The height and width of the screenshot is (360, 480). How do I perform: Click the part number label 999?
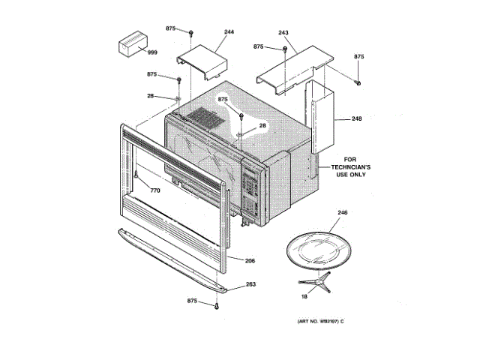click(x=152, y=52)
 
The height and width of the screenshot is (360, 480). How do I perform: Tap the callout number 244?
click(x=229, y=32)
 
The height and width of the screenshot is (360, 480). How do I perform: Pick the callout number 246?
click(x=343, y=214)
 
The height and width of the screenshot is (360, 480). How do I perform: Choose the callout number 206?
click(x=250, y=260)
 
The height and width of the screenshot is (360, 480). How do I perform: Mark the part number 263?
click(x=250, y=284)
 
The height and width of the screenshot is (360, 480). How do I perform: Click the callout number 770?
click(x=154, y=190)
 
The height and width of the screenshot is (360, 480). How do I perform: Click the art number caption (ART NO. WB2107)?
click(x=314, y=322)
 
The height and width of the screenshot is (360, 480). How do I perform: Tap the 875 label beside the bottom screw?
click(x=193, y=301)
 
